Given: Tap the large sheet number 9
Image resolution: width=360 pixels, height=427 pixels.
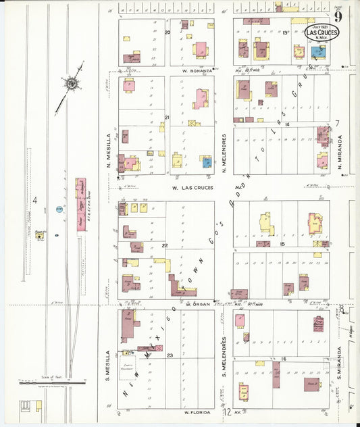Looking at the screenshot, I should pyautogui.click(x=336, y=16).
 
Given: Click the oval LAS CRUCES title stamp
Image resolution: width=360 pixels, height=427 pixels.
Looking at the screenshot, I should pyautogui.click(x=322, y=32).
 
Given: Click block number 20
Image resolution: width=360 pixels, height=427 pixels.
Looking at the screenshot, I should pyautogui.click(x=167, y=32).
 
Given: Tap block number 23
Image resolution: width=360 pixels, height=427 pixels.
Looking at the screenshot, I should pyautogui.click(x=170, y=355).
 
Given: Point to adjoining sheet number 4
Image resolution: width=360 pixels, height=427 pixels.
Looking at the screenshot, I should pyautogui.click(x=34, y=200).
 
